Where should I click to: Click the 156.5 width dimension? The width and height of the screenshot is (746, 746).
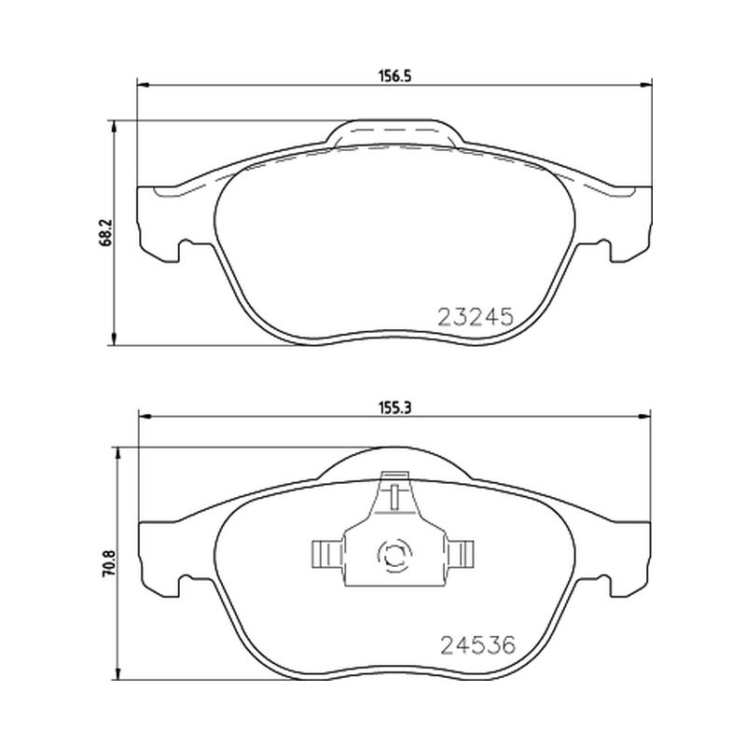tap(394, 76)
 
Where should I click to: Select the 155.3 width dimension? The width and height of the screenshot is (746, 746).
tap(394, 408)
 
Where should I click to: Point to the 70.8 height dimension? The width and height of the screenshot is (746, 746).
tap(109, 563)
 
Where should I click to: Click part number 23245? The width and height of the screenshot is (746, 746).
tap(476, 316)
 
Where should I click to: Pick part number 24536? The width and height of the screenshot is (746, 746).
tap(478, 645)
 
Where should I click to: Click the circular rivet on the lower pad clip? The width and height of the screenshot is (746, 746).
tap(394, 554)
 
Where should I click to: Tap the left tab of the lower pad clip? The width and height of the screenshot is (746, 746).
tap(327, 554)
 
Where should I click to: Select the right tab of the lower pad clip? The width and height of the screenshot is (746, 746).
tap(459, 554)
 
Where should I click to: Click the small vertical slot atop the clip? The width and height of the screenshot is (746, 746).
tap(394, 497)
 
